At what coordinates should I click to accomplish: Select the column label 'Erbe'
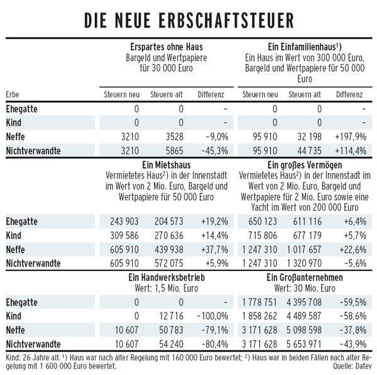[x=13, y=94]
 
